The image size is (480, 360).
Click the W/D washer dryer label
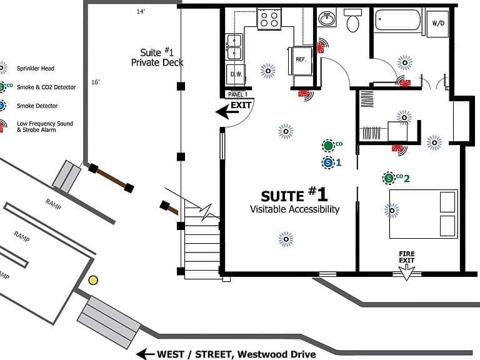[x=438, y=23]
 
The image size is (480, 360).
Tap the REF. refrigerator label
[x=301, y=59]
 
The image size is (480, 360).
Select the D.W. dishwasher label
[x=236, y=74]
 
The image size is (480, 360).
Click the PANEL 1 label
[x=237, y=94]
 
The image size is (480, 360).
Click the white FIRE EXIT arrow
[x=406, y=272]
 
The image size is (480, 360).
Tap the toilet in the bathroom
[x=353, y=20]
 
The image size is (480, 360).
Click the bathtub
[x=397, y=20]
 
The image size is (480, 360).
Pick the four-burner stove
[x=269, y=19]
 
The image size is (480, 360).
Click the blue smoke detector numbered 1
[x=328, y=162]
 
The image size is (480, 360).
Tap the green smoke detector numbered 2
[x=389, y=178]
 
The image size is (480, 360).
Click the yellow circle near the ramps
[x=93, y=280]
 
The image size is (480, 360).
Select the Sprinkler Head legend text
[x=36, y=68]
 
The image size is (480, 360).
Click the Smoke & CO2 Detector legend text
[x=46, y=87]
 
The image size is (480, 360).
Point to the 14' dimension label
[x=141, y=12]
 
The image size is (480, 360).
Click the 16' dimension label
[x=96, y=82]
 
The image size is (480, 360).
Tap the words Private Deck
[x=157, y=62]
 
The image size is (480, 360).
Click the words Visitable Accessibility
[x=295, y=209]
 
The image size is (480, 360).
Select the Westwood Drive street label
[x=277, y=354]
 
